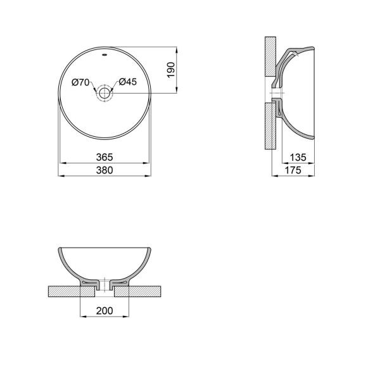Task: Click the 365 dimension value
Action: pyautogui.click(x=104, y=157)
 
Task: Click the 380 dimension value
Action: pyautogui.click(x=104, y=170)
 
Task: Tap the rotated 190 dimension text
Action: pyautogui.click(x=171, y=70)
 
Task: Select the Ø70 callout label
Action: pyautogui.click(x=80, y=82)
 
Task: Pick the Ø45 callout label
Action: pyautogui.click(x=128, y=82)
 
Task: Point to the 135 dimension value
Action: pyautogui.click(x=298, y=158)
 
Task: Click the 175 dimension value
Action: pyautogui.click(x=293, y=170)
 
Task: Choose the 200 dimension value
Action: pyautogui.click(x=104, y=311)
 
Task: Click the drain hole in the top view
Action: pyautogui.click(x=104, y=93)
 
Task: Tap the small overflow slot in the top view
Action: pyautogui.click(x=105, y=54)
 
